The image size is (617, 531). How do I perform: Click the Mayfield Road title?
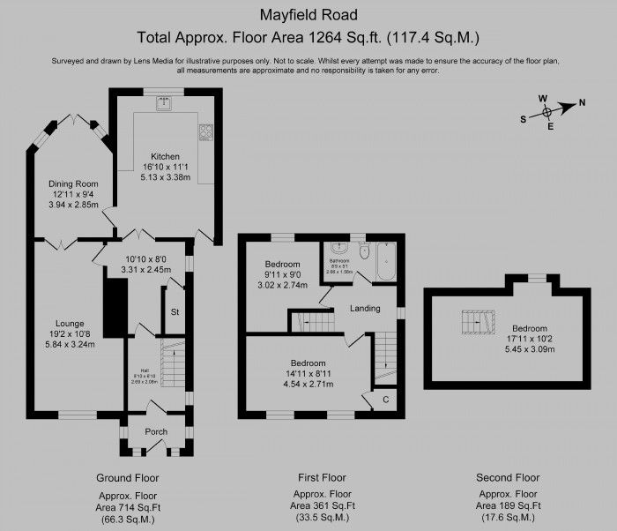(308, 14)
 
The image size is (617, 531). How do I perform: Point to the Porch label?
(156, 431)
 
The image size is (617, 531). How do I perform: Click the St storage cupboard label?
(175, 312)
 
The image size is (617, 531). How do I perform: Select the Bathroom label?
(340, 261)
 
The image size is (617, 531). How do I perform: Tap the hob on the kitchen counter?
(206, 133)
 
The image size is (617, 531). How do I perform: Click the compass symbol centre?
(548, 112)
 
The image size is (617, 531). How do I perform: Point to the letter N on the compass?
(581, 104)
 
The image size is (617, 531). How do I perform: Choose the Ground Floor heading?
(127, 477)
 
